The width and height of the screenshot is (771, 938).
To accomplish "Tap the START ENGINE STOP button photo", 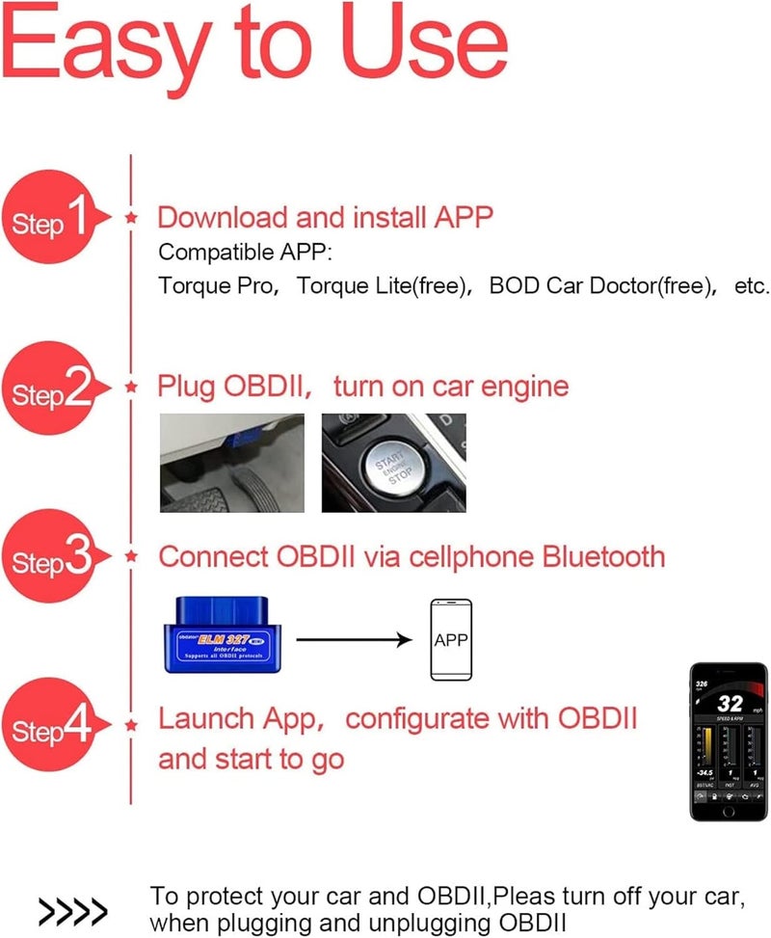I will [x=393, y=464].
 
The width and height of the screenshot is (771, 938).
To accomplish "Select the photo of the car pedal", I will [x=231, y=464].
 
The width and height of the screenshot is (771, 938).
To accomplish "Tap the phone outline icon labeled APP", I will [x=450, y=638].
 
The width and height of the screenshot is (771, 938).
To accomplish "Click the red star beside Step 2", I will [x=132, y=388].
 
